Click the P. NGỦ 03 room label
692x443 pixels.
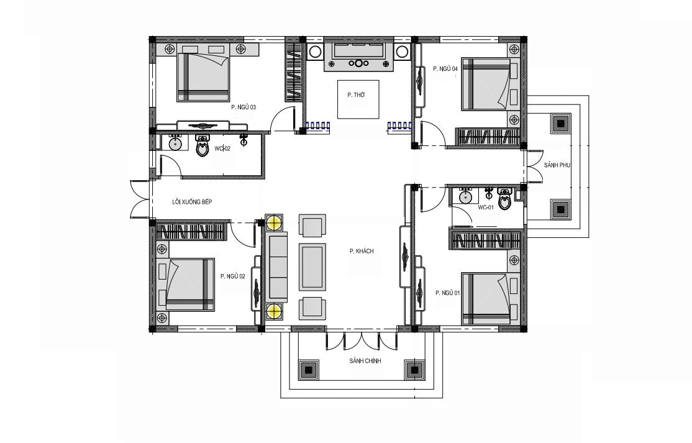point(244,107)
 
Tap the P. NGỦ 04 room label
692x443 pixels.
point(445,69)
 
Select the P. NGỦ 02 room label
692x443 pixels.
point(232,276)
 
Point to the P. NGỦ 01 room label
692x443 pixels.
point(447,293)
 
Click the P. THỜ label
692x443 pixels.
point(356,95)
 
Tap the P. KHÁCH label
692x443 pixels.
point(362,252)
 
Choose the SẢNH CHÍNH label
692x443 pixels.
point(365,361)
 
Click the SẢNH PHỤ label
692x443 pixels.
point(557,165)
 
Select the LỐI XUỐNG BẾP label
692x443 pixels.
point(192,202)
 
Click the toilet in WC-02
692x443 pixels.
point(202,147)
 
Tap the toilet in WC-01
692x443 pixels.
point(504,199)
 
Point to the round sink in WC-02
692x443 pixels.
point(176,144)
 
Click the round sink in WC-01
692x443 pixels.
point(466,198)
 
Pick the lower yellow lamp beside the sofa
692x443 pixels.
point(274,311)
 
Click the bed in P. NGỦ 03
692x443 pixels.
point(204,78)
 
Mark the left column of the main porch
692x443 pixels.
point(309,370)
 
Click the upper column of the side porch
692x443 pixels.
point(560,124)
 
